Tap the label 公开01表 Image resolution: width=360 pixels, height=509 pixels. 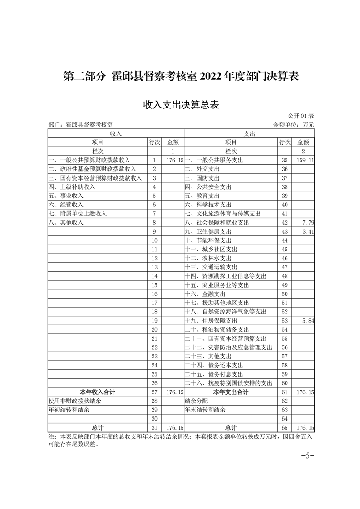[x=301, y=117]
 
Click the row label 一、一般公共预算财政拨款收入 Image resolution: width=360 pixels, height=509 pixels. [x=90, y=160]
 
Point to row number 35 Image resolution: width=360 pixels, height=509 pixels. [x=285, y=160]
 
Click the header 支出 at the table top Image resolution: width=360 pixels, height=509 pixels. [x=249, y=133]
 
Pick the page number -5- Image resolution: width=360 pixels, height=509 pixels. [x=308, y=455]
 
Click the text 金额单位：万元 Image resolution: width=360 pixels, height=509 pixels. [x=293, y=124]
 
